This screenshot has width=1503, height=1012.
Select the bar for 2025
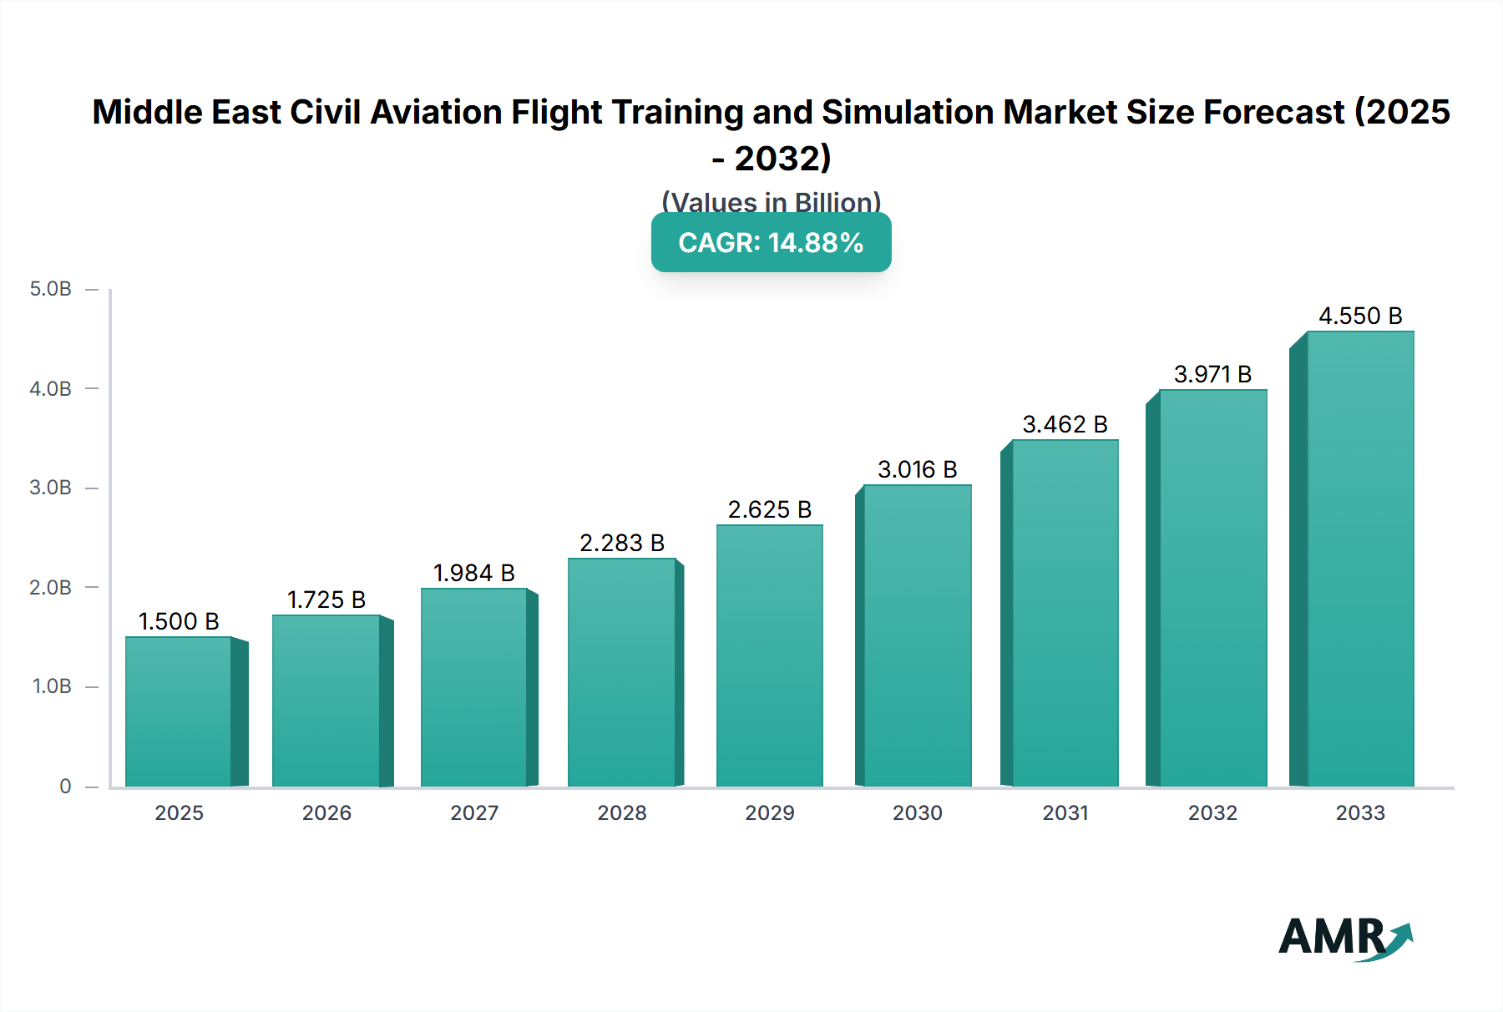tap(179, 711)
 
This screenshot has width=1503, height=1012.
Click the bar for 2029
tap(769, 655)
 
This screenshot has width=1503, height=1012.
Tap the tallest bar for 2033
tap(1360, 559)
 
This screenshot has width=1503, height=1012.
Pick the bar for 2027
tap(473, 687)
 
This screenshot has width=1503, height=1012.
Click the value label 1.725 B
tap(326, 600)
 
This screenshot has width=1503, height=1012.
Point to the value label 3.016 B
tap(917, 469)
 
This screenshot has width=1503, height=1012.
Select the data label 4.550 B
tap(1360, 316)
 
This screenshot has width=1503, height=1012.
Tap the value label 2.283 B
tap(622, 543)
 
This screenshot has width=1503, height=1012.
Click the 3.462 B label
tap(1065, 424)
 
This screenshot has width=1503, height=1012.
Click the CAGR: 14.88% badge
tap(771, 242)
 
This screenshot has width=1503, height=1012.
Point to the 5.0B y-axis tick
tap(51, 289)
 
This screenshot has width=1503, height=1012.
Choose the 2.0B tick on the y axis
tap(51, 587)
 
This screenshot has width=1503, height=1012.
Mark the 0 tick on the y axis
tap(65, 786)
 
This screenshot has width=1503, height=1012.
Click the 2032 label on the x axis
tap(1212, 812)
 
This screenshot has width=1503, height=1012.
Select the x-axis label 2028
tap(622, 812)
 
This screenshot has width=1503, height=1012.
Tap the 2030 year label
tap(917, 812)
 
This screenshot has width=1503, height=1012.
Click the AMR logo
tap(1344, 938)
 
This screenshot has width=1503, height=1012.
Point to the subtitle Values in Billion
tap(771, 202)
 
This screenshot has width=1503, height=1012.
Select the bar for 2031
tap(1065, 613)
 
